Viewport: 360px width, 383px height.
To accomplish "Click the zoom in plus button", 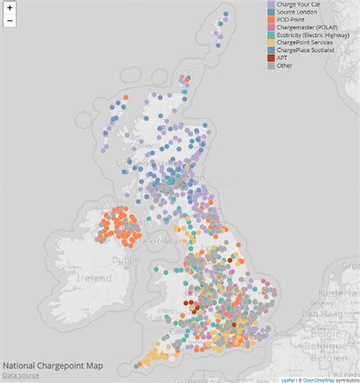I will pyautogui.click(x=9, y=8).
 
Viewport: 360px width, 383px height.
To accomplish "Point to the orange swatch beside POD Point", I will pyautogui.click(x=271, y=21).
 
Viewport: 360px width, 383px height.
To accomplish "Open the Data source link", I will pyautogui.click(x=21, y=375).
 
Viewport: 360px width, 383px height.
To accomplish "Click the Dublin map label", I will pyautogui.click(x=122, y=259).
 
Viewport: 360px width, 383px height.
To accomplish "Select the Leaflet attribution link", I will pyautogui.click(x=287, y=379).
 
